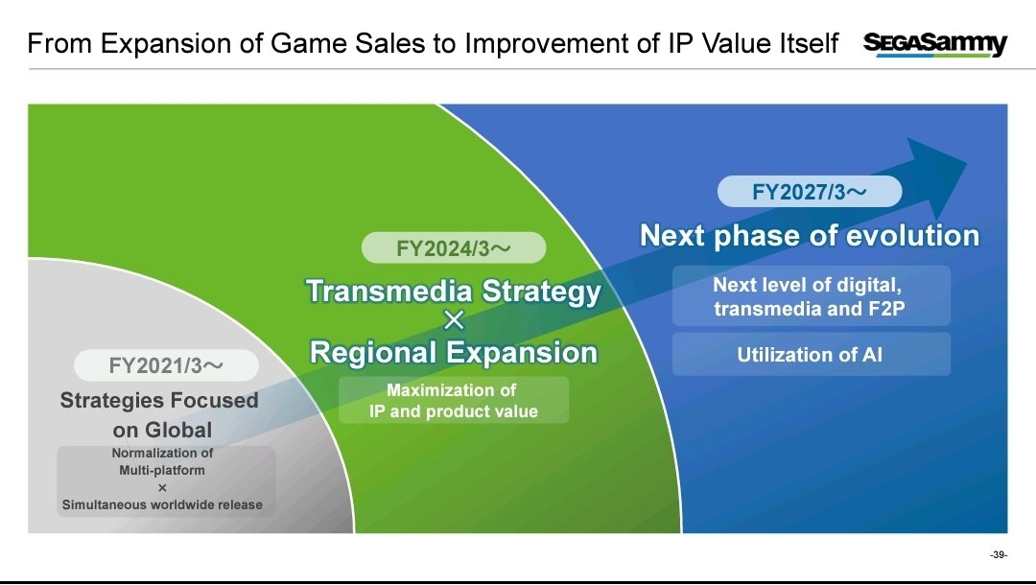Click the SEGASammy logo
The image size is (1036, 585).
tap(935, 44)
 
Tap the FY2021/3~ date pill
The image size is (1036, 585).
tap(166, 365)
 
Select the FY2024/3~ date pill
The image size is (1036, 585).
tap(454, 248)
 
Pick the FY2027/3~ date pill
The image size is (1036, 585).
tap(810, 192)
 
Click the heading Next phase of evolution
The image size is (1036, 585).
tap(810, 235)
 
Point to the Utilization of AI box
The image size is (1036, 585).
tap(812, 355)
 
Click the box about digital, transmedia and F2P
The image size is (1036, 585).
tap(812, 296)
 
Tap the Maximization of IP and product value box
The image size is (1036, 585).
tap(454, 400)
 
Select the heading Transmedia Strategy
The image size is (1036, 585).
tap(454, 292)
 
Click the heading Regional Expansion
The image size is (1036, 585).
tap(454, 352)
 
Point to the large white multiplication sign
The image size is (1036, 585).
tap(454, 321)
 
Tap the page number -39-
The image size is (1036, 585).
tap(999, 554)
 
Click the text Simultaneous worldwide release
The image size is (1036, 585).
tap(162, 504)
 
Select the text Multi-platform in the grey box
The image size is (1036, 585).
tap(162, 470)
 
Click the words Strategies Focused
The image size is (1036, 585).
tap(159, 400)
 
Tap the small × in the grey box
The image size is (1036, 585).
tap(162, 487)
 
